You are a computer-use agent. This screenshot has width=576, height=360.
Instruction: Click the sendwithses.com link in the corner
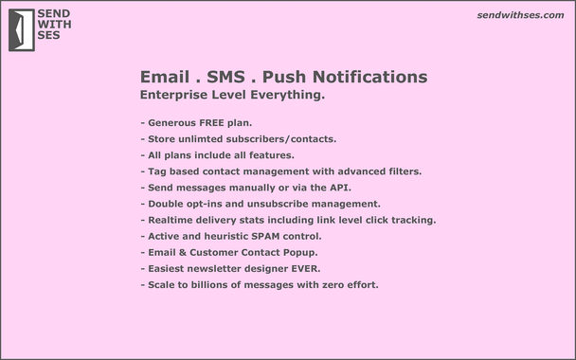(522, 16)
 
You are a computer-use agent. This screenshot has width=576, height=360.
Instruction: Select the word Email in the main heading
(163, 77)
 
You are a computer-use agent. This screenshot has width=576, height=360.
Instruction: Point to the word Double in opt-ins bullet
(168, 204)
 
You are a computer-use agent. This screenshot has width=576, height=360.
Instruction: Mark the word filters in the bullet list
(398, 171)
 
